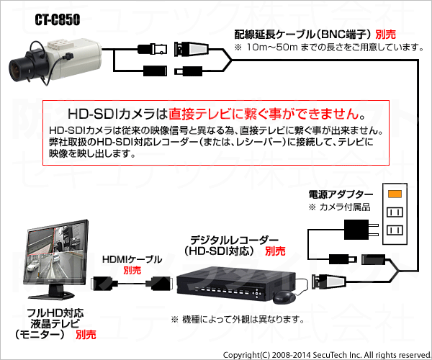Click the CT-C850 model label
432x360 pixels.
[x=58, y=20]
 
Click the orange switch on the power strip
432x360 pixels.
[x=395, y=194]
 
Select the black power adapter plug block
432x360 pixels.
[x=356, y=230]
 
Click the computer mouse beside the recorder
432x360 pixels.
[x=284, y=297]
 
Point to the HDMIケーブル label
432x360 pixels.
[x=132, y=259]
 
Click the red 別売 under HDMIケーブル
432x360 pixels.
[x=132, y=270]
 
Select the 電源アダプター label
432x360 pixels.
[x=341, y=194]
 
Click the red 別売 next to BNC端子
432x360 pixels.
[x=386, y=35]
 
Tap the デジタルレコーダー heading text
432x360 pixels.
[x=234, y=240]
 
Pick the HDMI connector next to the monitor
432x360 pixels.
[x=102, y=283]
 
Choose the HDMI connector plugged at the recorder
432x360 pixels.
[x=160, y=284]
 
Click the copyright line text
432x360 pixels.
[x=327, y=355]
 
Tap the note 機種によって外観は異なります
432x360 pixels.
[x=238, y=320]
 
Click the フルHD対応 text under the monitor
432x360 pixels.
[x=55, y=313]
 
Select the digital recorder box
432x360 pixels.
[x=236, y=284]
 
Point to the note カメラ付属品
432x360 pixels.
[x=339, y=207]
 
